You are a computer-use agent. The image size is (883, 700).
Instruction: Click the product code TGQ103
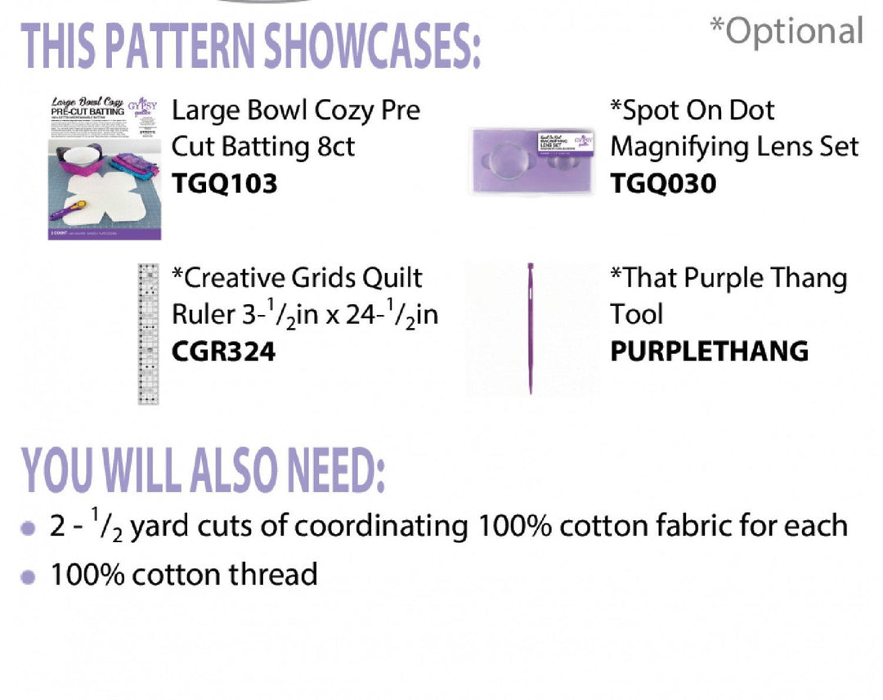(224, 183)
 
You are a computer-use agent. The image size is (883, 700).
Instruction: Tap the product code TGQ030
(663, 183)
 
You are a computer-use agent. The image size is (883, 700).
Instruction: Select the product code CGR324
(223, 352)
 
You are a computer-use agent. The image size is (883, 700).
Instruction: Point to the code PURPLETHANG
(709, 352)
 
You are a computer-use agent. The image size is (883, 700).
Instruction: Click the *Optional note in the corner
(786, 31)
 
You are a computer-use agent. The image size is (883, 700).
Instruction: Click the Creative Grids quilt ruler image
(147, 333)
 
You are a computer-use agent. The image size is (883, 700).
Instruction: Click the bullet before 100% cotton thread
(29, 577)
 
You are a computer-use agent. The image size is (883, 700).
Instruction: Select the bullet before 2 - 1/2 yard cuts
(29, 528)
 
